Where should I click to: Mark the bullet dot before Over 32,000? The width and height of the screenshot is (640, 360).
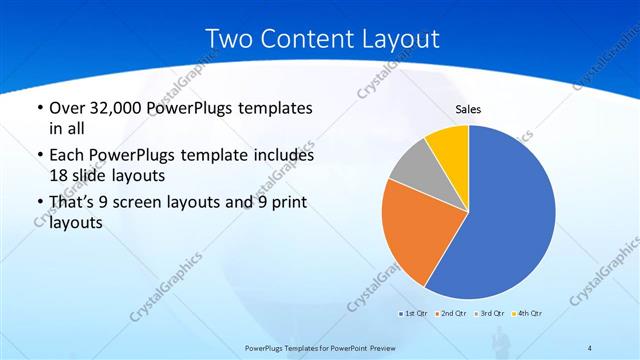pos(39,108)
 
